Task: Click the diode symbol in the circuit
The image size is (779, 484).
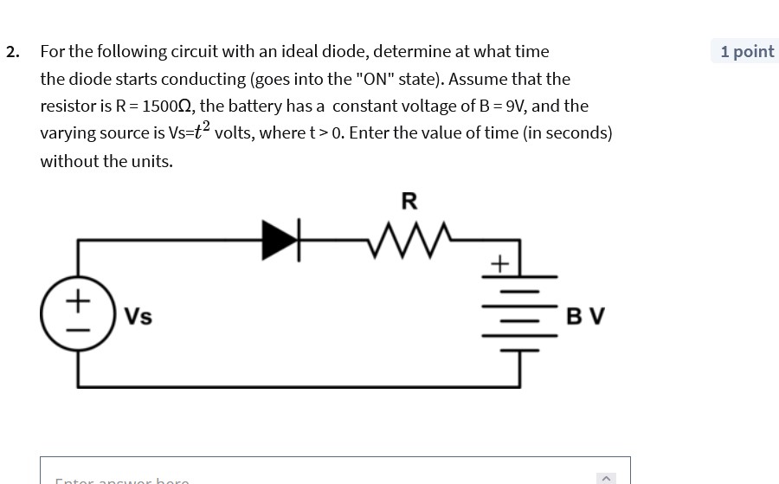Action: pos(280,239)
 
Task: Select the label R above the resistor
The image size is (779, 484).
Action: pos(409,202)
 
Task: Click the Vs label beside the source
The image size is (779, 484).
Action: pos(138,317)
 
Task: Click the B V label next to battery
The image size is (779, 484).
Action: pos(585,316)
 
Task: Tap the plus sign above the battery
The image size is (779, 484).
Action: pos(499,262)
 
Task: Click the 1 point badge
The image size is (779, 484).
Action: pos(746,51)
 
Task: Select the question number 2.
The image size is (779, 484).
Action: pos(12,52)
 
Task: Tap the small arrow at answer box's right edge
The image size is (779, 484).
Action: pos(606,478)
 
